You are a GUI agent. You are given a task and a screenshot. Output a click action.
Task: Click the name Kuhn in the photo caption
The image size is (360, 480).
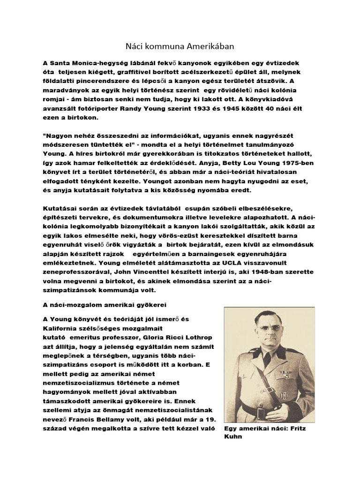[x=233, y=436]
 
